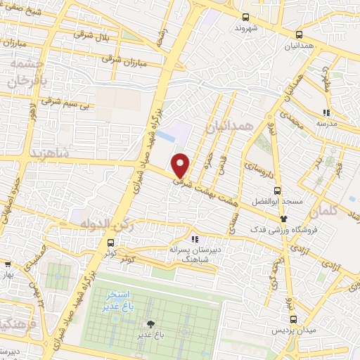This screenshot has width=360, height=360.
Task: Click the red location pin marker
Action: [181, 165]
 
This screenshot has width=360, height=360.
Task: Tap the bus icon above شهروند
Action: [245, 18]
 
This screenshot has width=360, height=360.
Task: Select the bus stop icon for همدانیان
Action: [300, 34]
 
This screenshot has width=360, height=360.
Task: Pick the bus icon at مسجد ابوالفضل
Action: [277, 190]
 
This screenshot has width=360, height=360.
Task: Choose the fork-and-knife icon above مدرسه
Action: [326, 112]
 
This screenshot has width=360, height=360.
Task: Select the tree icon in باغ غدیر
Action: [150, 324]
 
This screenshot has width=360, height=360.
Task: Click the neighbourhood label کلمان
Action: [342, 210]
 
